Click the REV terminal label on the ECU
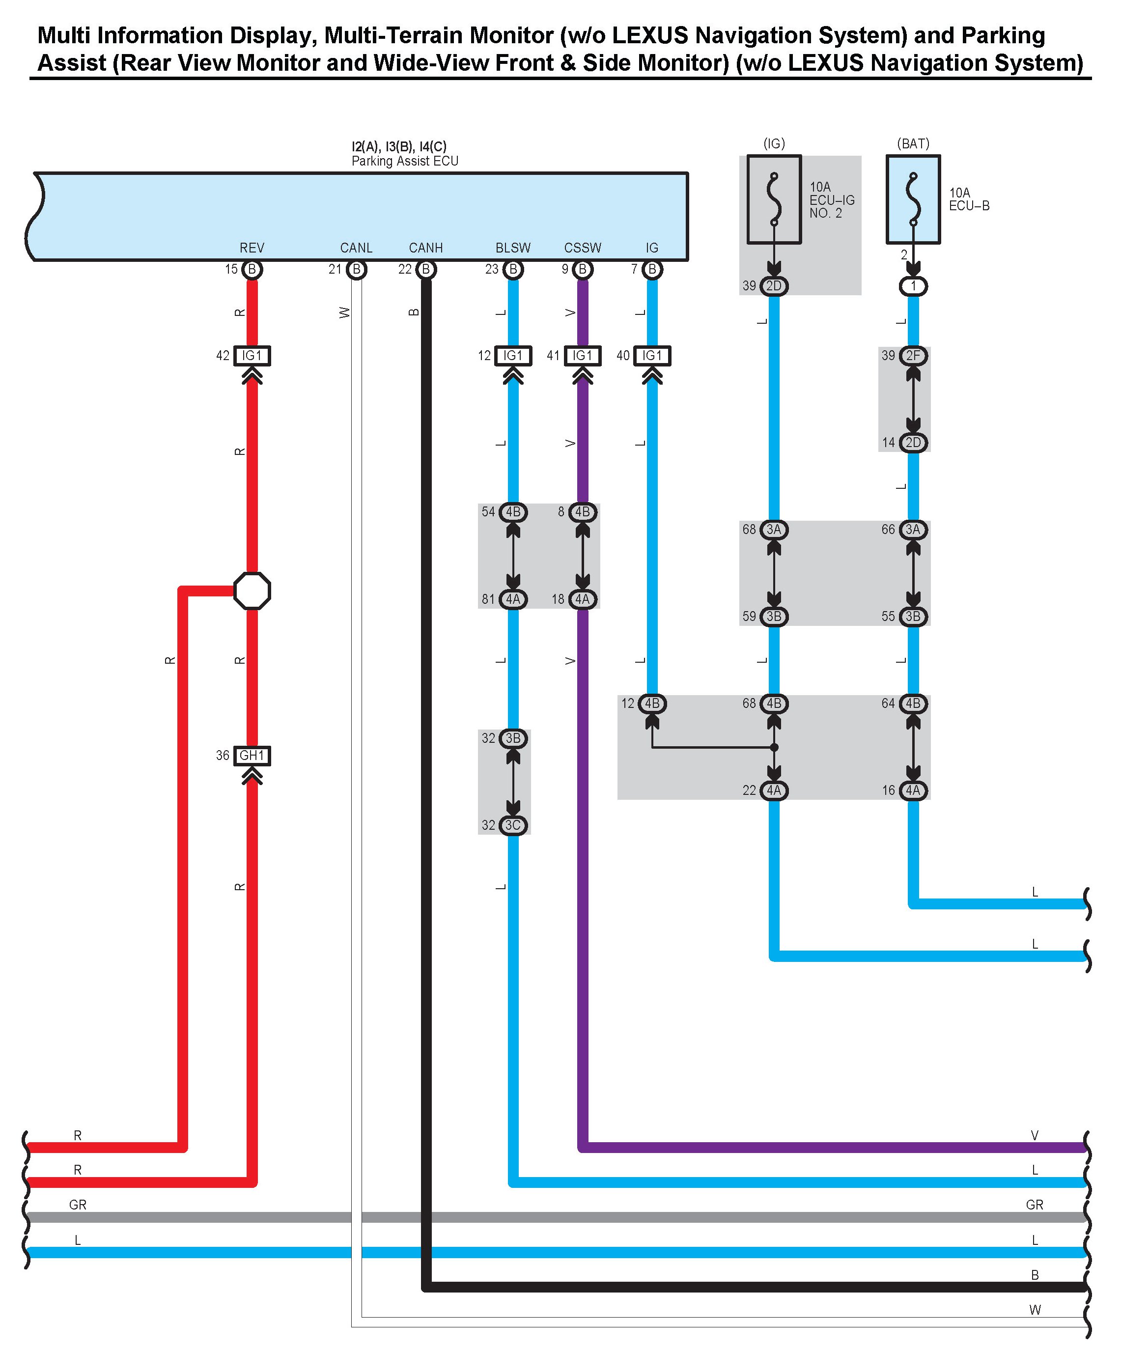252,248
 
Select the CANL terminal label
356,248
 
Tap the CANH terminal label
425,248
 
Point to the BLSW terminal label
513,248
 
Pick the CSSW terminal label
582,248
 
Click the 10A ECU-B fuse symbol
913,199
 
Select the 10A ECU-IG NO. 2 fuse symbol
774,199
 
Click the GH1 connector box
252,756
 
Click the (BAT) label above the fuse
913,143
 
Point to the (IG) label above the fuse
774,143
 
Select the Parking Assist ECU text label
405,161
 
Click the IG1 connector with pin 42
252,356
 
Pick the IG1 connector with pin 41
582,356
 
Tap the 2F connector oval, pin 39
913,356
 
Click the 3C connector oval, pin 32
513,825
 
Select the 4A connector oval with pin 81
513,599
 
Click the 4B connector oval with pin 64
913,703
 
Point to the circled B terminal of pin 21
356,269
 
